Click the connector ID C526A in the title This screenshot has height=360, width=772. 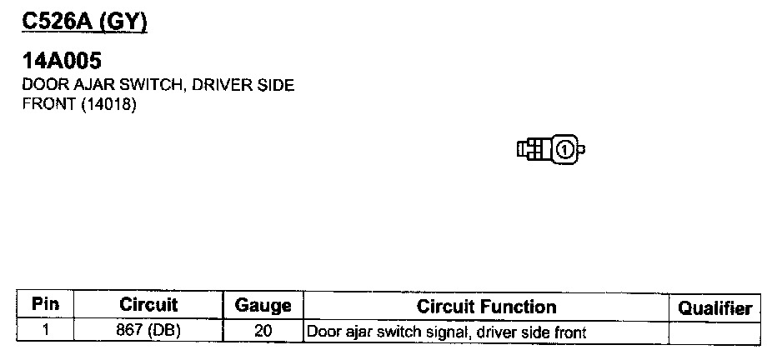point(58,22)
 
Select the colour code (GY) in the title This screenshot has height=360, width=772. point(123,22)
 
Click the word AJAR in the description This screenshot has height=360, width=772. point(85,85)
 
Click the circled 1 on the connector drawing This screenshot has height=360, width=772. point(564,150)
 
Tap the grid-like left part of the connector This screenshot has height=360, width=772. point(531,150)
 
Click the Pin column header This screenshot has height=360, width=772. point(45,306)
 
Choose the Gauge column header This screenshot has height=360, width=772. point(263,306)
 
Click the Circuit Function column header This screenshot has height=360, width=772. point(486,307)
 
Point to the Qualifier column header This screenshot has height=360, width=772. point(714,307)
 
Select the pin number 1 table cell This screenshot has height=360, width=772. point(45,331)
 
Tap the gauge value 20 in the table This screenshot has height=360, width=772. point(263,331)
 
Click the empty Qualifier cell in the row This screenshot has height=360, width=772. point(714,331)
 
